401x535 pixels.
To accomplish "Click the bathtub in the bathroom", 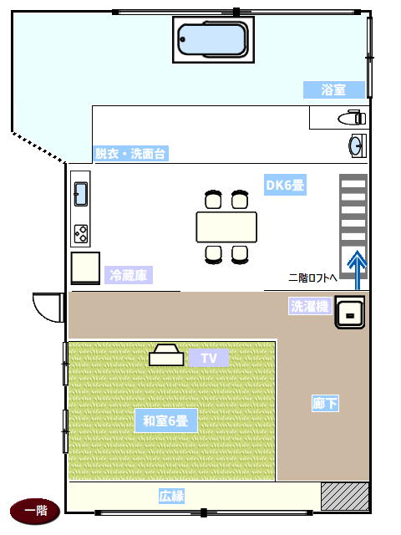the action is point(213,39).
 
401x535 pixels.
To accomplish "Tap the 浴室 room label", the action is point(334,89).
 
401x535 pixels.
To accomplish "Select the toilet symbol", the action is point(352,118).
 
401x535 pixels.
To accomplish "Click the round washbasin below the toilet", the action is point(358,145).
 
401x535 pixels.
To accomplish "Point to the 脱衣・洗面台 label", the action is point(130,154).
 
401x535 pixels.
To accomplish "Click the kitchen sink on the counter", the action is point(81,194).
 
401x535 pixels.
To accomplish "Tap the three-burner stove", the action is point(81,234).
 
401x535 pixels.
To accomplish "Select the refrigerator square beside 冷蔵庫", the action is point(85,268).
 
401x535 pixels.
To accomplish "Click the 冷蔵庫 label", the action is point(129,275).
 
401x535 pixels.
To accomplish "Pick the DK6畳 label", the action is point(285,185).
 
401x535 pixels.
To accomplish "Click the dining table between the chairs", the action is point(226,227).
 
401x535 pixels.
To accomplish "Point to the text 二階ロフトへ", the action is point(312,278).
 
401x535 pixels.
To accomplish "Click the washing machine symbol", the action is point(349,312).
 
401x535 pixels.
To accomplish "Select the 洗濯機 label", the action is point(310,306).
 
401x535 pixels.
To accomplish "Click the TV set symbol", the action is point(166,355).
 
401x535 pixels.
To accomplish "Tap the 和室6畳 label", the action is point(165,420).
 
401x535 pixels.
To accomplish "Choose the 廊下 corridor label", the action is point(325,403).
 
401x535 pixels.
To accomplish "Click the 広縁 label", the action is point(171,496).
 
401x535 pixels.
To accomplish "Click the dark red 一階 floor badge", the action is point(35,511).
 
